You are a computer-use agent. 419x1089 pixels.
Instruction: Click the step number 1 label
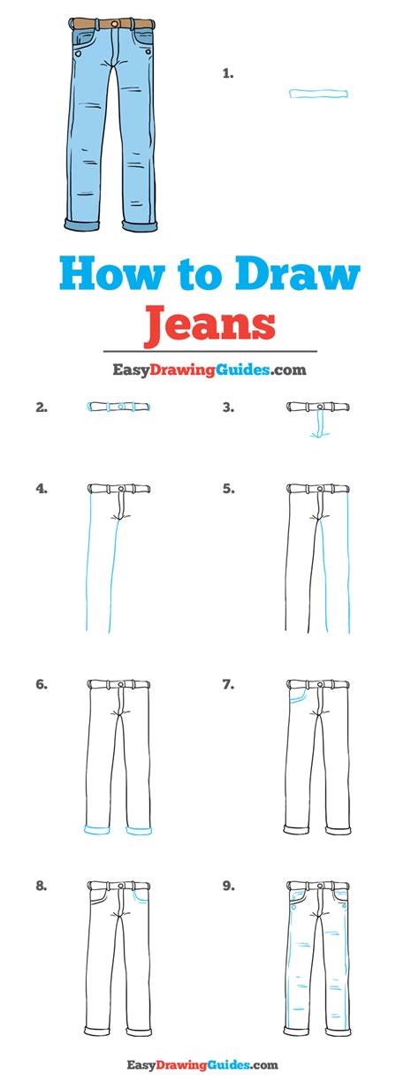point(228,74)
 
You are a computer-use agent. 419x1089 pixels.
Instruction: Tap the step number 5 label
point(228,489)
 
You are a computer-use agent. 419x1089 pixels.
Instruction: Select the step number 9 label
point(228,887)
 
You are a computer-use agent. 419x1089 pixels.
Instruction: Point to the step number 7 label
point(228,684)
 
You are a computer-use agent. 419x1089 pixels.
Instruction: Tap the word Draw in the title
point(298,274)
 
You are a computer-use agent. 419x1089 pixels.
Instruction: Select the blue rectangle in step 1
point(319,94)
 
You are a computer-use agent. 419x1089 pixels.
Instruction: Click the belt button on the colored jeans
point(114,23)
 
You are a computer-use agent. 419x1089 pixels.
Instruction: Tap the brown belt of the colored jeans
point(111,23)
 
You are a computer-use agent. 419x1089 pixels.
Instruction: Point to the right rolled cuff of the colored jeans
point(140,225)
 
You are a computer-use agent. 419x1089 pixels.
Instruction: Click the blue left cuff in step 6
point(97,830)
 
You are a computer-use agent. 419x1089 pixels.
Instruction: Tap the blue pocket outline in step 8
point(140,896)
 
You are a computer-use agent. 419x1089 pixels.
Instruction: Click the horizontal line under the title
point(210,351)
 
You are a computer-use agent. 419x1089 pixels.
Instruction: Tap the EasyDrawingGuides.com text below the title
point(209,370)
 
